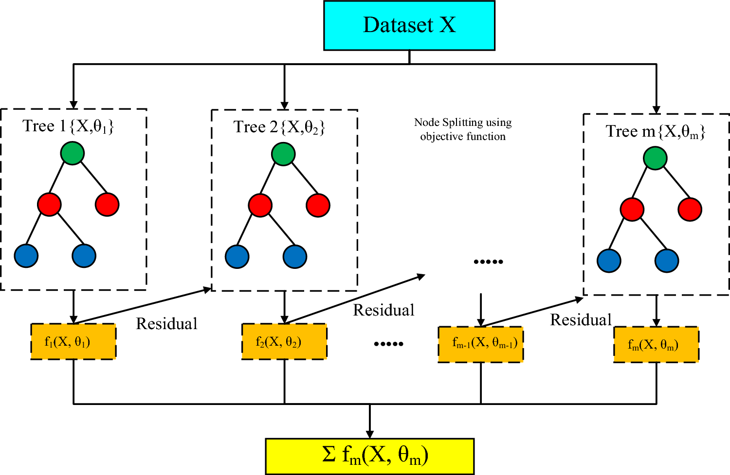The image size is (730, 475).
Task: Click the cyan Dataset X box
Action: pyautogui.click(x=409, y=25)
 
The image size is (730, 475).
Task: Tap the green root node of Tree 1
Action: pyautogui.click(x=73, y=153)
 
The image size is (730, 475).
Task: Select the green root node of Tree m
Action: pyautogui.click(x=655, y=158)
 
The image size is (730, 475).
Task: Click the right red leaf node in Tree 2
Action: pyautogui.click(x=318, y=205)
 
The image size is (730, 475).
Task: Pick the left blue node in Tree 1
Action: pyautogui.click(x=26, y=256)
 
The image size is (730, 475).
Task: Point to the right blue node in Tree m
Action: pyautogui.click(x=667, y=261)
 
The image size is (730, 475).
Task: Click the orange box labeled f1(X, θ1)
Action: pyautogui.click(x=73, y=342)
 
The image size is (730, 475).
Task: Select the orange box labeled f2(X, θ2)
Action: pyautogui.click(x=284, y=342)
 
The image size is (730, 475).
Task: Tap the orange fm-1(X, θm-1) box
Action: pyautogui.click(x=481, y=344)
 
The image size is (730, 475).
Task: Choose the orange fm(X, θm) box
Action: pyautogui.click(x=656, y=345)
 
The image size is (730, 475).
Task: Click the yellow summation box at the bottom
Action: pyautogui.click(x=370, y=456)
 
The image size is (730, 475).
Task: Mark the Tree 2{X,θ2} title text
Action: pyautogui.click(x=279, y=127)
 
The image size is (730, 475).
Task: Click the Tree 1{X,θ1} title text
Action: pyautogui.click(x=69, y=126)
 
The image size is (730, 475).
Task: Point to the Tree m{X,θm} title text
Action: pyautogui.click(x=656, y=132)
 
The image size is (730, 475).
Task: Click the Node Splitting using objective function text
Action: pyautogui.click(x=463, y=129)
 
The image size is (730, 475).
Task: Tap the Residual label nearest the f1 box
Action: pyautogui.click(x=166, y=324)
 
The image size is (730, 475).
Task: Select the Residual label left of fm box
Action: pyautogui.click(x=581, y=320)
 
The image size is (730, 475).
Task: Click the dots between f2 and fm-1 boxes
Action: pyautogui.click(x=388, y=344)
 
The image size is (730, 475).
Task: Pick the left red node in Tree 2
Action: pyautogui.click(x=260, y=205)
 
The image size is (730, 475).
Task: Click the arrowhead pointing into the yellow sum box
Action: pyautogui.click(x=370, y=434)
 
